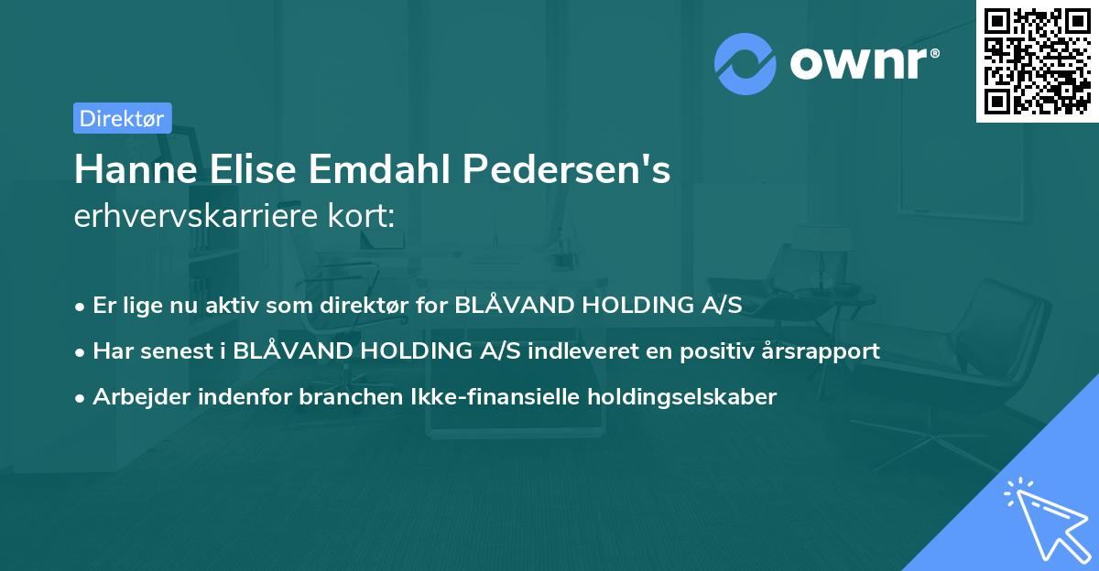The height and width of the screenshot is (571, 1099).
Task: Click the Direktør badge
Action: [122, 118]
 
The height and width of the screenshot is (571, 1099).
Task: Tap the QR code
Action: [1037, 60]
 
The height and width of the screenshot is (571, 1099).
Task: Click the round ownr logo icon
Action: [745, 63]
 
